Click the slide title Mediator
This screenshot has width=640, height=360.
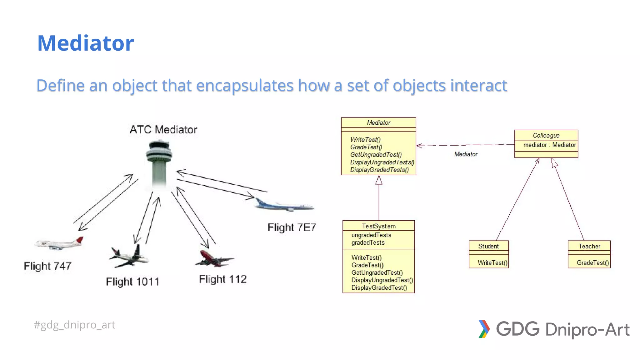click(x=85, y=43)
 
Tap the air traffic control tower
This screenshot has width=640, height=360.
click(x=159, y=162)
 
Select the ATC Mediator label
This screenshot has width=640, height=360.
click(x=163, y=129)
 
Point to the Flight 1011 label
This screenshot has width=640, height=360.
click(x=132, y=282)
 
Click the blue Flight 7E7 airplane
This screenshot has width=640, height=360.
click(x=284, y=205)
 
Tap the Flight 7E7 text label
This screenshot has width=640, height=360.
click(x=292, y=227)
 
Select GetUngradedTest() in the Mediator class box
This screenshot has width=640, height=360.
click(x=376, y=155)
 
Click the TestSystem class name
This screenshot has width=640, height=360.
click(x=378, y=226)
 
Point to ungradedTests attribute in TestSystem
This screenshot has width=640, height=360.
click(x=371, y=235)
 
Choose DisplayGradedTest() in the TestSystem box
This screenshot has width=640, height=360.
click(x=379, y=288)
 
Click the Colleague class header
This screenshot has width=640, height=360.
click(x=546, y=135)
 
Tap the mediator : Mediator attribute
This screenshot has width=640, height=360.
click(x=549, y=145)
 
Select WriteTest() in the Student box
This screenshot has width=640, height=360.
click(x=492, y=263)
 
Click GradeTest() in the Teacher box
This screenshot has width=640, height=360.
click(x=592, y=263)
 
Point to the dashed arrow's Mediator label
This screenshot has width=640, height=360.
click(x=466, y=154)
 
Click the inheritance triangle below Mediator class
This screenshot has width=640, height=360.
click(x=379, y=180)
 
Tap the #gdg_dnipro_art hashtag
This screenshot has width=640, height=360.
click(x=74, y=325)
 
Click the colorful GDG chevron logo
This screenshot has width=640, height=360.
click(x=483, y=329)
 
